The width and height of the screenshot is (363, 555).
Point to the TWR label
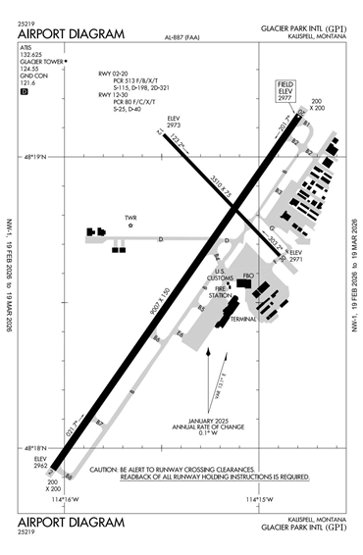point(130,217)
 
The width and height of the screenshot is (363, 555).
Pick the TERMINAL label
point(242,319)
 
